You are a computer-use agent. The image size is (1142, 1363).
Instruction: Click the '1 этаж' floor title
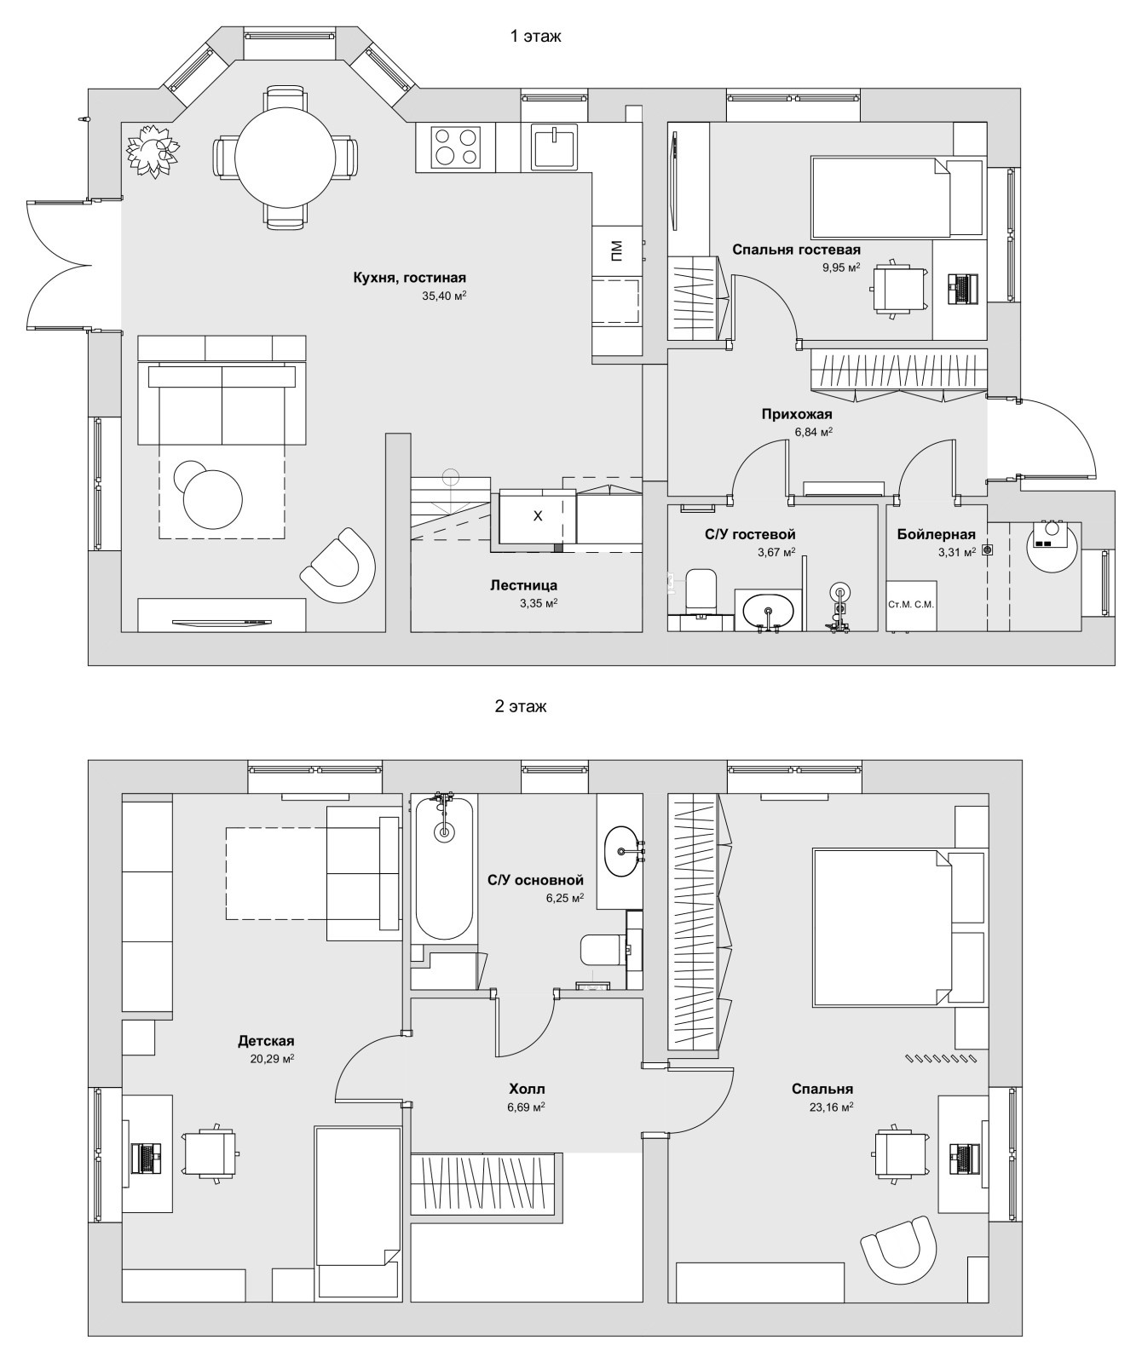(535, 37)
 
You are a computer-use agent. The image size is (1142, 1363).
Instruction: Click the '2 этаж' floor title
(520, 706)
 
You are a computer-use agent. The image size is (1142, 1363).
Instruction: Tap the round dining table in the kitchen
(285, 158)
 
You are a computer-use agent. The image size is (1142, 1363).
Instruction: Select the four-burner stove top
(455, 147)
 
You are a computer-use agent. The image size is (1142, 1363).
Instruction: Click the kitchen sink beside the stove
(554, 146)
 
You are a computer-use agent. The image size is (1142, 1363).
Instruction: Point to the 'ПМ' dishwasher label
(616, 250)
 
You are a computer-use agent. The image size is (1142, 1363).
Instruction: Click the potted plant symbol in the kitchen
(153, 151)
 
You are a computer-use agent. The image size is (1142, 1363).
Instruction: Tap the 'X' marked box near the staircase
(537, 516)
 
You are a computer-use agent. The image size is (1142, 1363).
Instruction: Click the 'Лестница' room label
(523, 585)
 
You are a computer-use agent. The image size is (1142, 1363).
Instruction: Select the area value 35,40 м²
(443, 296)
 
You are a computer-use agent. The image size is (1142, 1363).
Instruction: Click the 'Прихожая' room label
(796, 414)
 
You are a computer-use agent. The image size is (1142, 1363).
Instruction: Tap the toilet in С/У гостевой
(702, 589)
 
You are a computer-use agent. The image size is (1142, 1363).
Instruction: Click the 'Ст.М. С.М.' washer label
(911, 605)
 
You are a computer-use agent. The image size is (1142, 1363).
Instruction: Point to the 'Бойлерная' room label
(935, 534)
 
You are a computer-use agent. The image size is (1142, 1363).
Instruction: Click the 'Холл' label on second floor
(526, 1089)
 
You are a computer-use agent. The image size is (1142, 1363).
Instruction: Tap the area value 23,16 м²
(831, 1107)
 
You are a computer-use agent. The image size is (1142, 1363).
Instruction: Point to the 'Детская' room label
(266, 1041)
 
